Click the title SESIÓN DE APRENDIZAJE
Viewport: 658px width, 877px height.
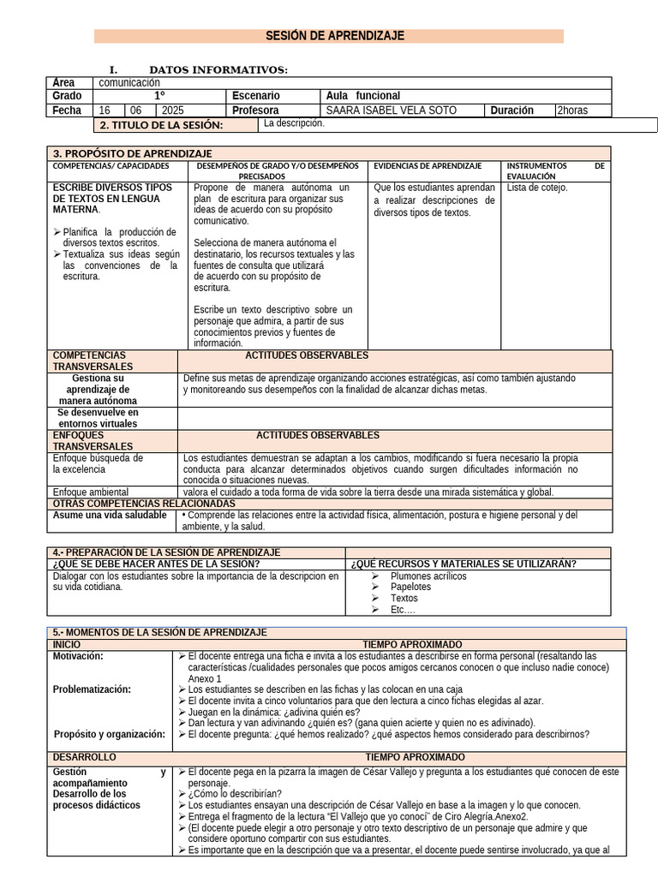tap(328, 36)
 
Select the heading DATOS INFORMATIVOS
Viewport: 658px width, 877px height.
tap(218, 69)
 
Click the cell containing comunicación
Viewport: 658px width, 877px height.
tap(129, 83)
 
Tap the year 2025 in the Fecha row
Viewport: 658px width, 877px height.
tap(172, 110)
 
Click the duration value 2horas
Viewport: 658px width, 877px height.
tap(573, 110)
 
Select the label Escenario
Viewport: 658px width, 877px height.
tap(255, 96)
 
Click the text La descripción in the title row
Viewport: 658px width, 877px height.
tap(294, 123)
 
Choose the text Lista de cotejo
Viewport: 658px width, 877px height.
tap(537, 188)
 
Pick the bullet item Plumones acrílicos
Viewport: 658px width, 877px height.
tap(428, 576)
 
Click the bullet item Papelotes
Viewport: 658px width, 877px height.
tap(410, 588)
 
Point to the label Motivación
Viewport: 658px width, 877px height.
tap(78, 656)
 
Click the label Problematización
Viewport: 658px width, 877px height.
tap(92, 689)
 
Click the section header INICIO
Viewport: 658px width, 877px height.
tap(69, 644)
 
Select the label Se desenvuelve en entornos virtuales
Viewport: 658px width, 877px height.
tap(98, 418)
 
